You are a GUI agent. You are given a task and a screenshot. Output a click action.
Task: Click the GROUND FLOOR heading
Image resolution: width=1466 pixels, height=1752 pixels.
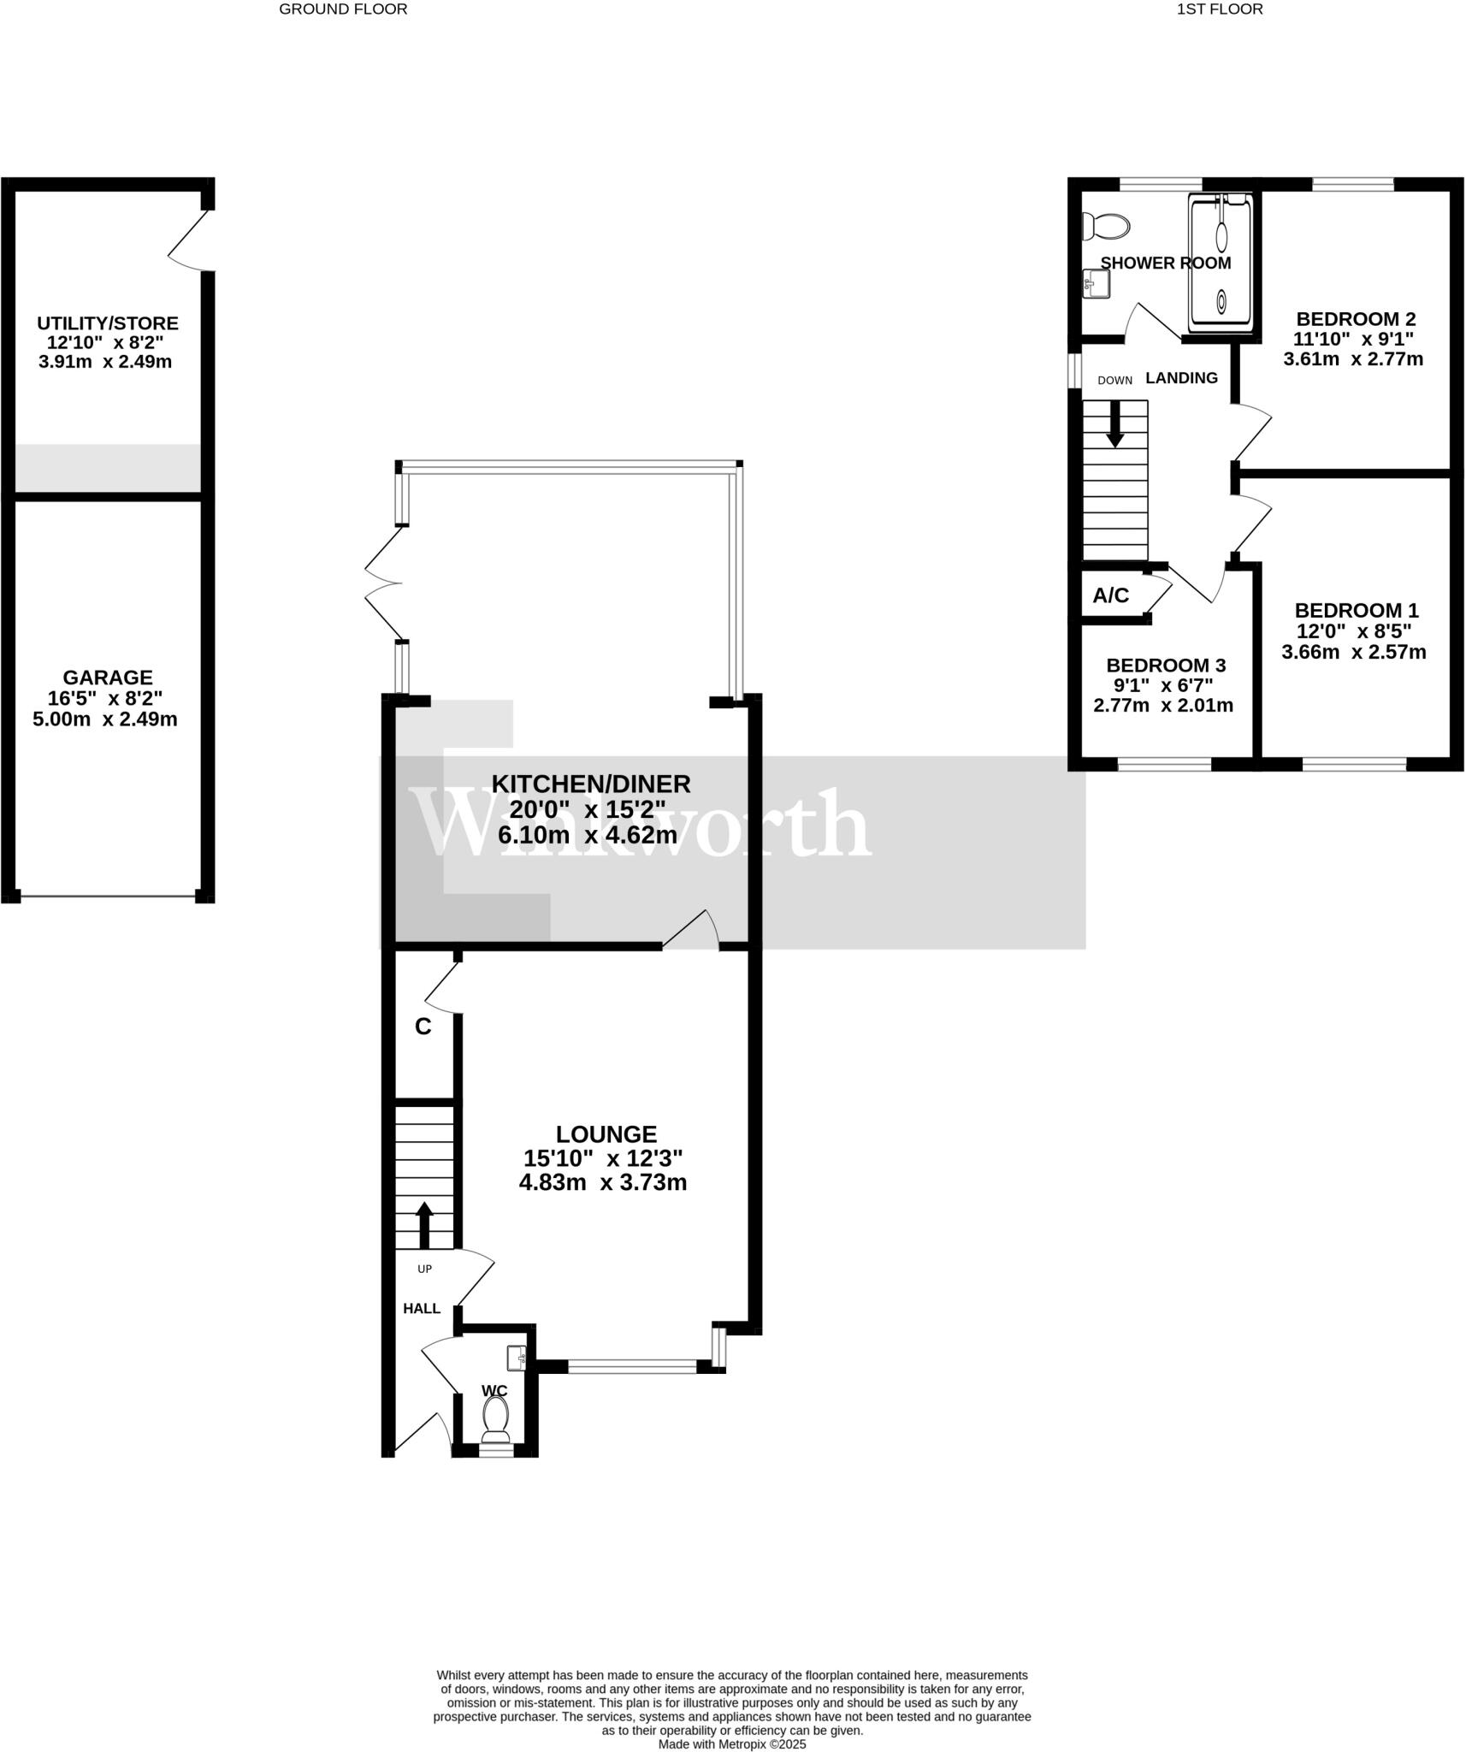pos(343,9)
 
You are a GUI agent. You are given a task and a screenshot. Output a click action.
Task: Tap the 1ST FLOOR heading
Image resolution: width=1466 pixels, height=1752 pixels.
pos(1219,9)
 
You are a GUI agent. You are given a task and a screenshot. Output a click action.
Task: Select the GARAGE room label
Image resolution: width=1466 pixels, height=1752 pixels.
pos(108,678)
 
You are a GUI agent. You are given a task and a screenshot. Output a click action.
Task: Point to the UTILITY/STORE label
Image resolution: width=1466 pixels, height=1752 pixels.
pos(108,323)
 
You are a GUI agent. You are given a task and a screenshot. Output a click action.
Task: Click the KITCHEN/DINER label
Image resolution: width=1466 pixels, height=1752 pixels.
pos(590,784)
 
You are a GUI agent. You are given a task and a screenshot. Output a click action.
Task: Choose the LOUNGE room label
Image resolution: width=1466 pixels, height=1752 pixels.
pos(606,1134)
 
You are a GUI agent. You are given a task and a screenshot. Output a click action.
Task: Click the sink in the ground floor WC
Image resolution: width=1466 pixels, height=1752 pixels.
pos(516,1357)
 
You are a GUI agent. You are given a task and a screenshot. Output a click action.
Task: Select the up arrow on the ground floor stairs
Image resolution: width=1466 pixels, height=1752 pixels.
pos(424,1224)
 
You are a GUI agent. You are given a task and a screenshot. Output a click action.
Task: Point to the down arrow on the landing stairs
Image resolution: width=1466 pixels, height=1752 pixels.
pos(1114,426)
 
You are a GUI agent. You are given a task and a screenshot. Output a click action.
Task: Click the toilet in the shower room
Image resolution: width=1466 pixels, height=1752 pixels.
pos(1106,227)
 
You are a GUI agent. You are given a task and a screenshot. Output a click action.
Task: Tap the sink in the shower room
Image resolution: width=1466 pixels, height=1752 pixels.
pos(1096,283)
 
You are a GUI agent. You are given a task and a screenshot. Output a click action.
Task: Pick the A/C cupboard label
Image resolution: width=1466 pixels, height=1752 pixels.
pos(1110,595)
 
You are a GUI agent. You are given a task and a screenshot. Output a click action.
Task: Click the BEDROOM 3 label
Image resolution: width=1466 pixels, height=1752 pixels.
pos(1166,666)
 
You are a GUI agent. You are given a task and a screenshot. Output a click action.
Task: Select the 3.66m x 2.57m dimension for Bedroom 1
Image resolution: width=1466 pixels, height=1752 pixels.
pos(1353,652)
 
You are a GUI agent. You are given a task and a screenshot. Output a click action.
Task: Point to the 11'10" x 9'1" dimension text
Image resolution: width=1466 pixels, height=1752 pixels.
pos(1353,339)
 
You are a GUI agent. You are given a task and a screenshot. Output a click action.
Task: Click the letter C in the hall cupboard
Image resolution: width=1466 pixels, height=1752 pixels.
pos(423,1027)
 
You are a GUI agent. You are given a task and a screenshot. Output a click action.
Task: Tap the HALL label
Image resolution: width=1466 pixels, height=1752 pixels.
pos(422,1308)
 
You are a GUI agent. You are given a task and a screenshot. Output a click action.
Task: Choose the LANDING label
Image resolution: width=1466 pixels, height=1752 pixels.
pos(1181,378)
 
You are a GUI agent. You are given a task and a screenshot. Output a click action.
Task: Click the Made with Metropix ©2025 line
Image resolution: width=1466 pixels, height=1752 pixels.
pos(731,1744)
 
